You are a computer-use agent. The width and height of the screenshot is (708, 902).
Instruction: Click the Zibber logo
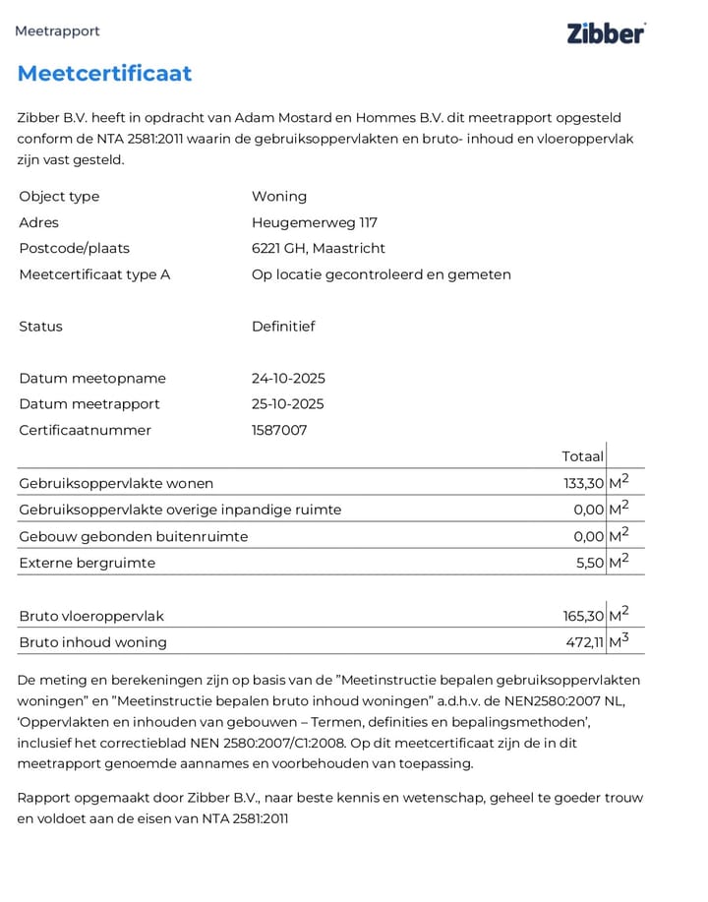(x=606, y=32)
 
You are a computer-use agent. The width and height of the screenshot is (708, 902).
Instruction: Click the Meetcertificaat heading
(x=104, y=74)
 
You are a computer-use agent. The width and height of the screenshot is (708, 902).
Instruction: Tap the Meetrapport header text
(x=57, y=30)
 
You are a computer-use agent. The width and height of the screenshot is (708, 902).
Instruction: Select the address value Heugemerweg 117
(x=314, y=222)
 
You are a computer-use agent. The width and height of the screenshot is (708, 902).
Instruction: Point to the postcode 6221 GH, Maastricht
(x=318, y=248)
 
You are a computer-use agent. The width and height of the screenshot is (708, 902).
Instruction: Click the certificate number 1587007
(x=279, y=430)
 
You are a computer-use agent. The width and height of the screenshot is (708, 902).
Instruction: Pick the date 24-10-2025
(x=288, y=378)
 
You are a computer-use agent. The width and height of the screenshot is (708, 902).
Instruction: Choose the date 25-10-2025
(x=288, y=403)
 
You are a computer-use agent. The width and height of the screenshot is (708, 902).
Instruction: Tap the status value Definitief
(x=283, y=327)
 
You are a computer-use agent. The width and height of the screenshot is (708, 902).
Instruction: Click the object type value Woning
(x=279, y=196)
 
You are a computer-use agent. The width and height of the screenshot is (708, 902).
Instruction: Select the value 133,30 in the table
(x=583, y=483)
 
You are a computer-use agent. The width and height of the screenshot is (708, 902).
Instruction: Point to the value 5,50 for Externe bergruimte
(x=589, y=563)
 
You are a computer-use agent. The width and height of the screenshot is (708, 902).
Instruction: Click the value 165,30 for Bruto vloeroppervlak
(x=583, y=616)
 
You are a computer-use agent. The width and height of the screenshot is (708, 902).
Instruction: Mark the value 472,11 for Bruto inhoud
(x=584, y=642)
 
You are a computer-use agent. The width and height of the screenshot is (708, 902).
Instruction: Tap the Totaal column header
(x=582, y=456)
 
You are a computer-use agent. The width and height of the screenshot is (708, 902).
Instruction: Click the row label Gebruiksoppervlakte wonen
(x=116, y=483)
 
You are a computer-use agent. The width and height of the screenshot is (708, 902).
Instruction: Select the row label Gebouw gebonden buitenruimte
(x=134, y=536)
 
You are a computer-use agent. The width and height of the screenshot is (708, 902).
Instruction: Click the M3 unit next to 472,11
(x=619, y=641)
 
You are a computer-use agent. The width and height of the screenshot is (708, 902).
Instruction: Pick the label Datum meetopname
(x=92, y=378)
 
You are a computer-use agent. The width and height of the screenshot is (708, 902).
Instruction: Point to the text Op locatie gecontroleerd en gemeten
(x=381, y=274)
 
